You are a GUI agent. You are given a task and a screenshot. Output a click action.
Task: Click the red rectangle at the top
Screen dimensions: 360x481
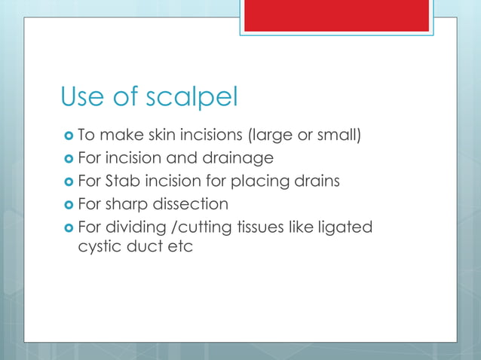click(336, 14)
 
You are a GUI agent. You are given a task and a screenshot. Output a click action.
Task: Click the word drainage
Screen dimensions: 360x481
click(237, 159)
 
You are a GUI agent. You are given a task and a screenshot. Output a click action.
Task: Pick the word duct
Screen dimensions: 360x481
click(149, 246)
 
